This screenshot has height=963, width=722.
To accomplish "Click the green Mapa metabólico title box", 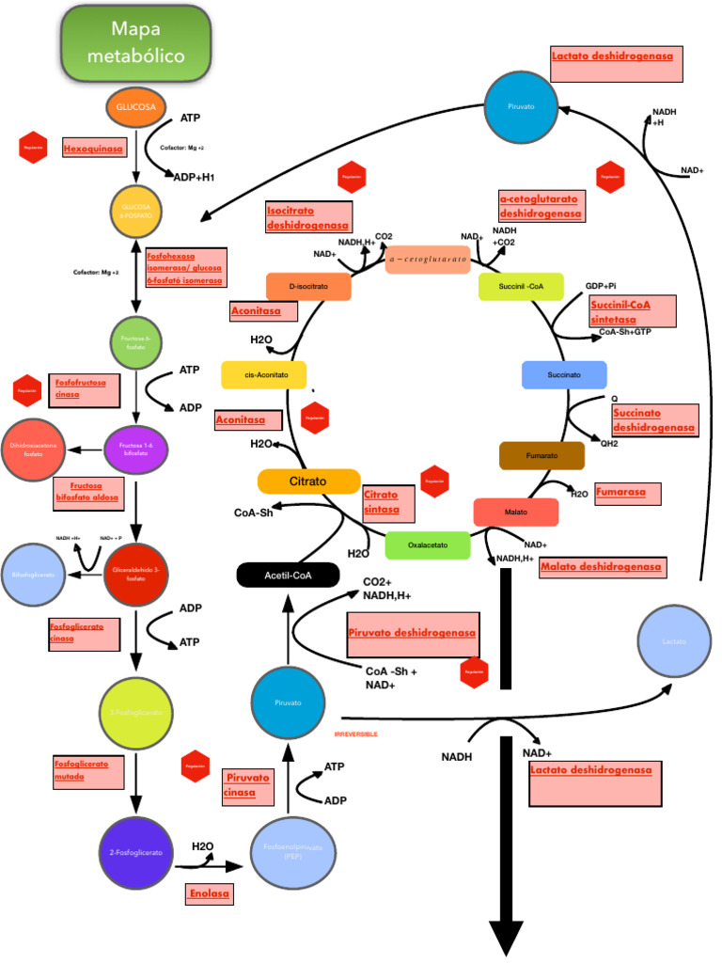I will click(135, 42).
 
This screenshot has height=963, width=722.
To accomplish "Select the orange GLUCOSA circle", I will click(136, 107).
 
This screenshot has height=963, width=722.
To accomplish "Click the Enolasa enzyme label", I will click(204, 892).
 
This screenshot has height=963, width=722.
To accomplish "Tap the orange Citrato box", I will click(308, 481).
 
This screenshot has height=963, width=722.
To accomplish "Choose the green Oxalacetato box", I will click(427, 545).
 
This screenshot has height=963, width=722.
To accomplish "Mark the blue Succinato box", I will click(564, 375).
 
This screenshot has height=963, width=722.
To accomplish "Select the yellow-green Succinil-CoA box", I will click(520, 287).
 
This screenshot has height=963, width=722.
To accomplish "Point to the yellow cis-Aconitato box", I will click(264, 374).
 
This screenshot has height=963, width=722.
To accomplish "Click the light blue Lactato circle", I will click(674, 641).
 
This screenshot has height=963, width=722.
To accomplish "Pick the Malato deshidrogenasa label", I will click(601, 566).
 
